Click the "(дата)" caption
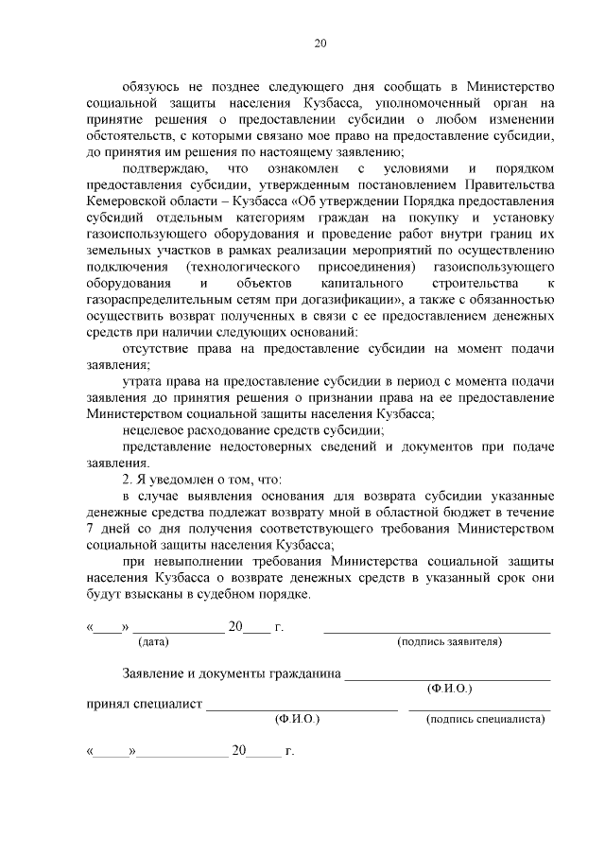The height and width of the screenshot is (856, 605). coord(153,641)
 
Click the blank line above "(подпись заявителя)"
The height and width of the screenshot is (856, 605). coord(437,630)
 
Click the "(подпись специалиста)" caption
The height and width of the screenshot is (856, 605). coord(485,719)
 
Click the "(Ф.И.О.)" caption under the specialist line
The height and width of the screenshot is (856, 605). coord(297,719)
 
